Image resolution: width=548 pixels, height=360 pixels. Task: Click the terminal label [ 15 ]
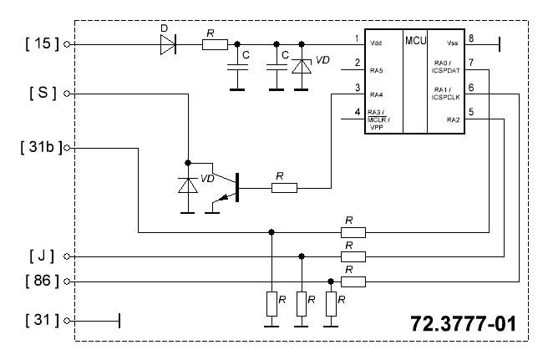43,43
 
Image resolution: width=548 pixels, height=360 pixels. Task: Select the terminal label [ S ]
43,93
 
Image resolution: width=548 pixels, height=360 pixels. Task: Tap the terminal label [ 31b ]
41,147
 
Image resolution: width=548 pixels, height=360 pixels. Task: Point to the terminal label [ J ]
42,256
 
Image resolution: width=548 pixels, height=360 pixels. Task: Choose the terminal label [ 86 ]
43,281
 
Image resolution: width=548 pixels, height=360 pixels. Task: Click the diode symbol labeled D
168,44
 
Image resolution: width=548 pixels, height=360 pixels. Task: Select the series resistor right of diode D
215,45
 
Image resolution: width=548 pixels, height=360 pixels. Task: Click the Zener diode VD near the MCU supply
302,66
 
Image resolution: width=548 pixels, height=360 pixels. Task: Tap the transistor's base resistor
285,188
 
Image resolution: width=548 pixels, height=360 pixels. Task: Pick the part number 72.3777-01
463,323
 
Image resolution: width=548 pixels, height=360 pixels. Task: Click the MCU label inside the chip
415,41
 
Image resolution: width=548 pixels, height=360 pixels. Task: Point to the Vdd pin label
376,43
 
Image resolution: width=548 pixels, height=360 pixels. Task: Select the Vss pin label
452,43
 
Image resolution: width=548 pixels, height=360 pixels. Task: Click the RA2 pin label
454,120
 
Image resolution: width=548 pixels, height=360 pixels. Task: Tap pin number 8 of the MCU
471,38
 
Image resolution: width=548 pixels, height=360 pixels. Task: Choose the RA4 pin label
377,94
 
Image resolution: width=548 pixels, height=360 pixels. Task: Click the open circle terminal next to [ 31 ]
67,321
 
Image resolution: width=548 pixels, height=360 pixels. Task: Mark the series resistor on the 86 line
353,281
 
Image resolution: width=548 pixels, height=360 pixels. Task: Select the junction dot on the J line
302,256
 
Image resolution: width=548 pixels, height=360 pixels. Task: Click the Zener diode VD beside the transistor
188,185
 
